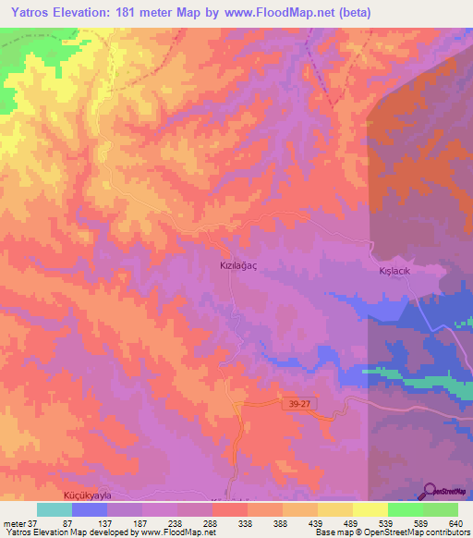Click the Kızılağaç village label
[237, 263]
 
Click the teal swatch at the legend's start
[55, 509]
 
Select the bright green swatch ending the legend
[441, 509]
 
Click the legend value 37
[33, 522]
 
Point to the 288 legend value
[211, 522]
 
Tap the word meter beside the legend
[13, 522]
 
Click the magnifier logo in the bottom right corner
[431, 491]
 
